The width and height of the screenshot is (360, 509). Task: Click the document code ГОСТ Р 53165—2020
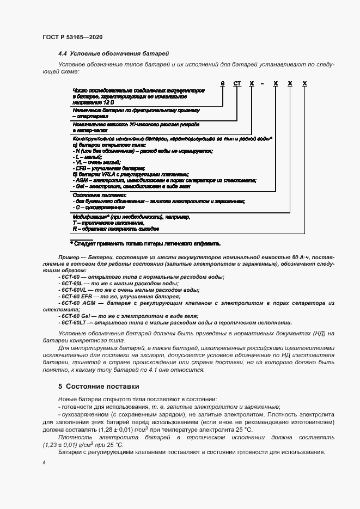pos(72,37)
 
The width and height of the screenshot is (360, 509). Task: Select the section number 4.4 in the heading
pos(63,54)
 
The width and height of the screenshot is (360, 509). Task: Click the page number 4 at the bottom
pos(44,462)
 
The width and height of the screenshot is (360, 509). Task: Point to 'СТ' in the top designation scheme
pos(236,83)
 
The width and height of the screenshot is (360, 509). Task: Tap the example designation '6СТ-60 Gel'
pos(75,316)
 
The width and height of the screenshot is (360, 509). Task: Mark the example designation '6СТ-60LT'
pos(73,322)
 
